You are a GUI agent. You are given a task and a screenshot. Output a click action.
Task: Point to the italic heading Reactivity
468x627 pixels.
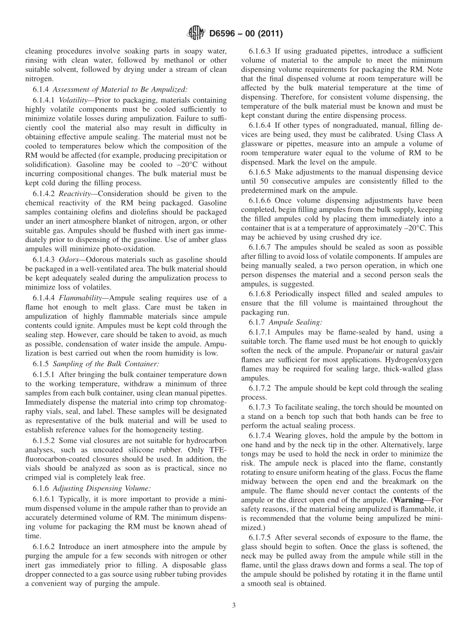(75, 194)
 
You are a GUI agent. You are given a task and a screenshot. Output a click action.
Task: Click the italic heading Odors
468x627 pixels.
(68, 260)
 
